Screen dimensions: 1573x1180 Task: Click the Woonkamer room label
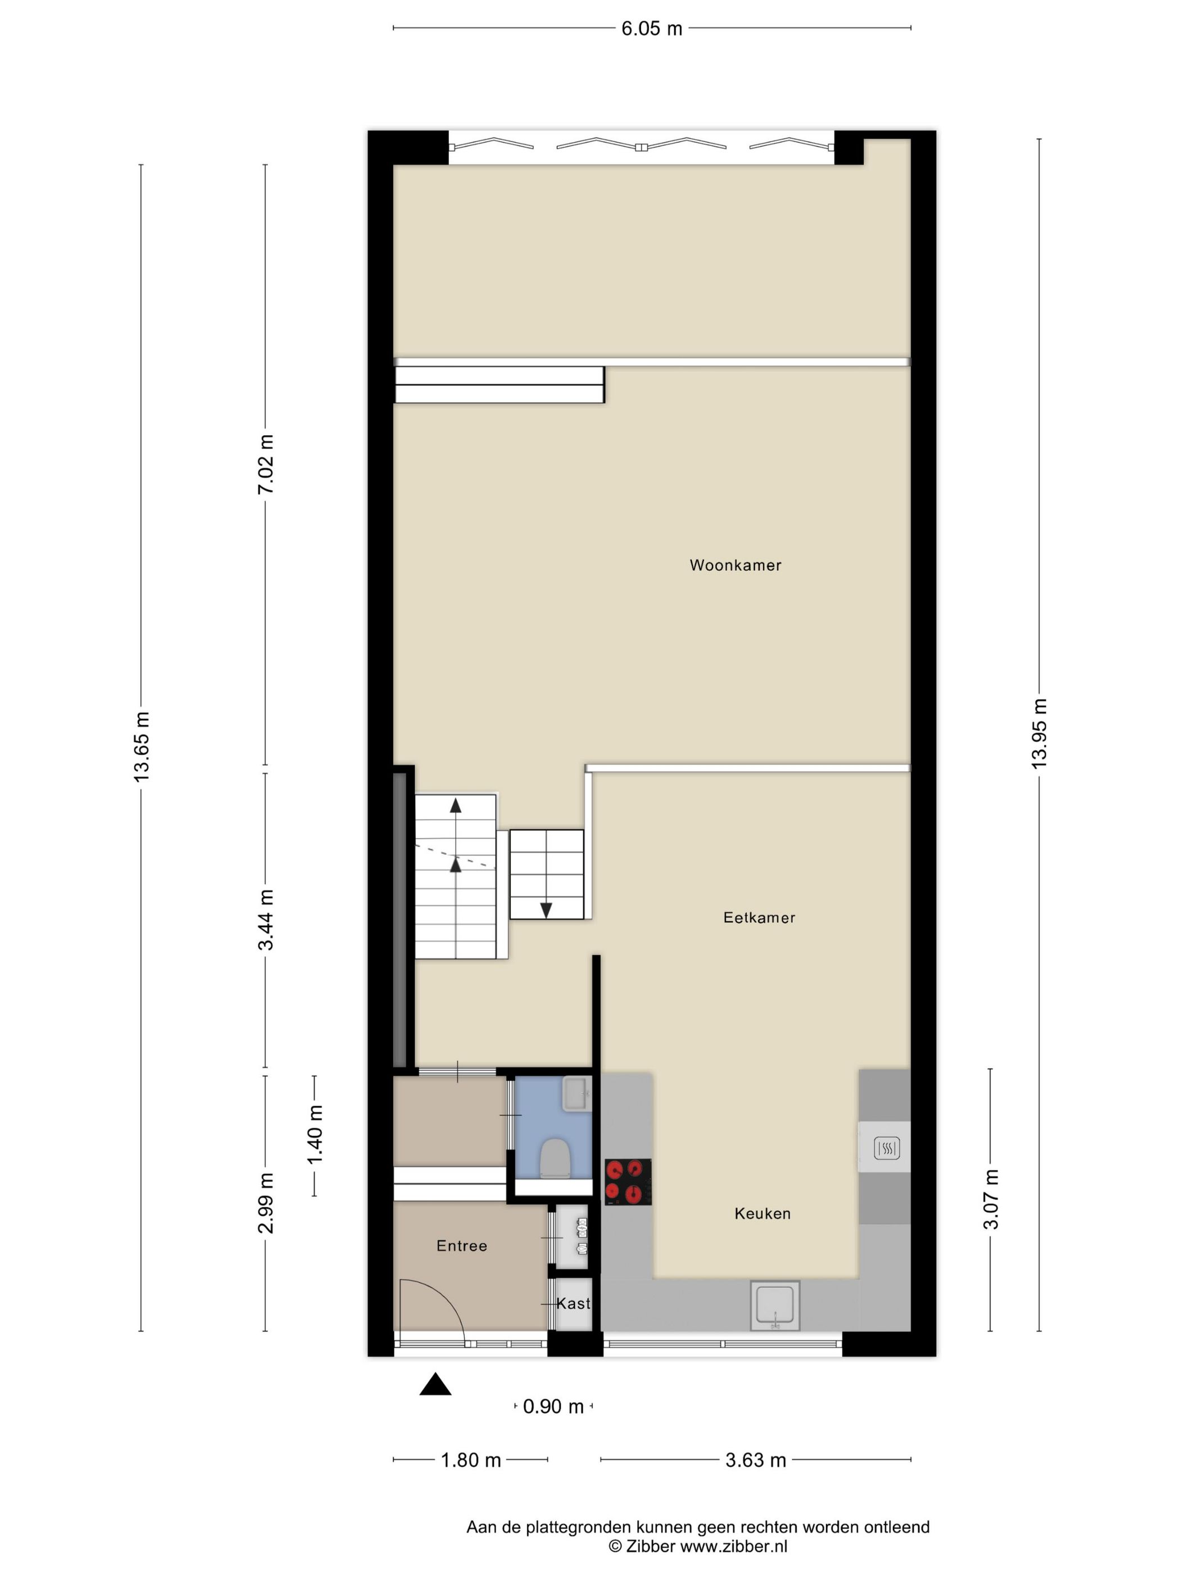point(735,565)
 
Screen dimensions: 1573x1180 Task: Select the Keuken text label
point(763,1213)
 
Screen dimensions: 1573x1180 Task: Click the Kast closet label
point(573,1303)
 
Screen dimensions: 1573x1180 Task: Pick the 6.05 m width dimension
point(651,29)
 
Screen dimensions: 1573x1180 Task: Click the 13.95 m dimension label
point(1039,733)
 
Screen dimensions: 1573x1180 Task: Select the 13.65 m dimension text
point(142,746)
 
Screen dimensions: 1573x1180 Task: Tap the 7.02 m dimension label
point(266,465)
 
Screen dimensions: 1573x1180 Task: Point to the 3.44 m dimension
point(266,920)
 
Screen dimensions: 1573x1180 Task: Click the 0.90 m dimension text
point(553,1406)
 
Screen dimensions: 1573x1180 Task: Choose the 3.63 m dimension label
point(755,1460)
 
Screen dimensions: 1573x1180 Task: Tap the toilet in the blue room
point(555,1158)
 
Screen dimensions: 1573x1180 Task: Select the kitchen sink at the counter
point(774,1305)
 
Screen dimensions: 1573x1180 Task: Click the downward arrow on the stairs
point(546,910)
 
